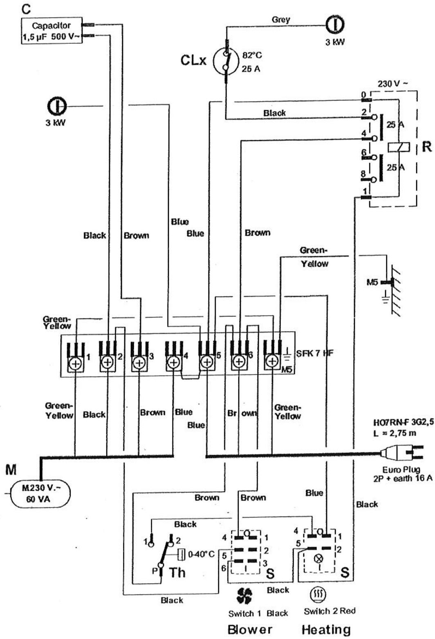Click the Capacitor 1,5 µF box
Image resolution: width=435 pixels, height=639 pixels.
[x=52, y=32]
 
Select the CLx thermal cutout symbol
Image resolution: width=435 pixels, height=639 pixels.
[x=226, y=62]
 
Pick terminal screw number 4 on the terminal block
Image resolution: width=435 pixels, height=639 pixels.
[x=173, y=362]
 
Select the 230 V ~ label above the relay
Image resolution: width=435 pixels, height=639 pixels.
[x=393, y=84]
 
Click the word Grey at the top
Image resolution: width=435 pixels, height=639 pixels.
[x=280, y=19]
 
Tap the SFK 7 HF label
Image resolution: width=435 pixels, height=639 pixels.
[x=313, y=353]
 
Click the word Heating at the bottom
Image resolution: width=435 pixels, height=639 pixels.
[x=326, y=629]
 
